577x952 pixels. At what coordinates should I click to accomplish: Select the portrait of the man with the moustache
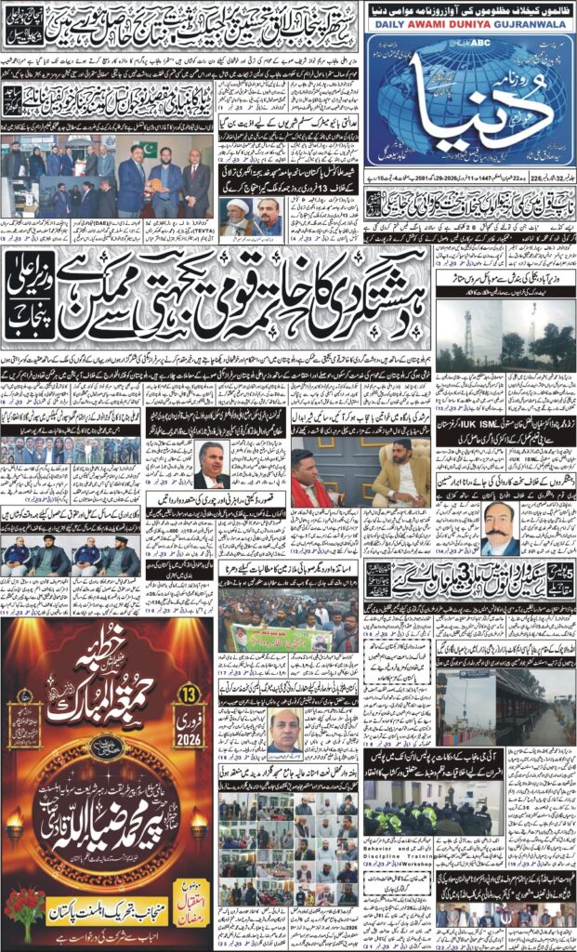point(499,528)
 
